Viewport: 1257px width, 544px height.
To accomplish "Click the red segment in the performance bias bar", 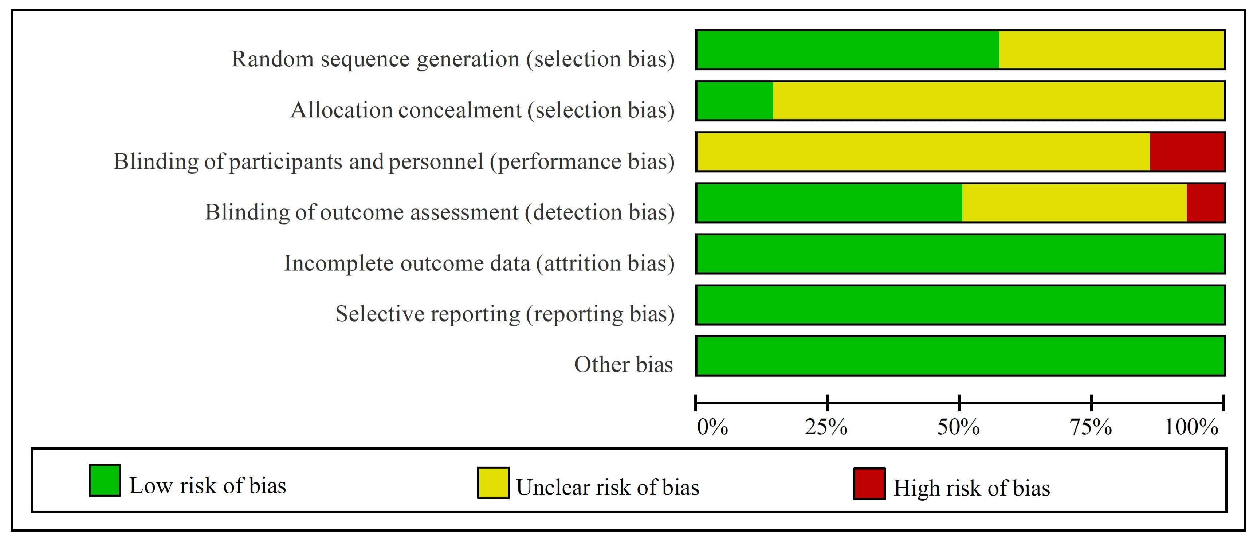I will click(1186, 152).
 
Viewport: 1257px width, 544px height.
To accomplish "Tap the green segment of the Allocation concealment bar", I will click(734, 101).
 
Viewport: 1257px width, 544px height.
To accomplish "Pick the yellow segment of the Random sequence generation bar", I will click(1111, 50).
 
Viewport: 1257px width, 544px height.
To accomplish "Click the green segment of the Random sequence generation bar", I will click(848, 50).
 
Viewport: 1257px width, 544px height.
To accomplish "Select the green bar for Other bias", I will click(960, 356).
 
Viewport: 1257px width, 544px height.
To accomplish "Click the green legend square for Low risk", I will click(105, 481).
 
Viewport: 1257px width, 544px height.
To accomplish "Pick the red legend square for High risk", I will click(869, 484).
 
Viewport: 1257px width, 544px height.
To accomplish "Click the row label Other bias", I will click(623, 365).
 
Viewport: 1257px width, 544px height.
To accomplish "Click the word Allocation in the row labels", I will click(342, 110).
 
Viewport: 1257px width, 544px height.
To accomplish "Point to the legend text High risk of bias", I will click(971, 488).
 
